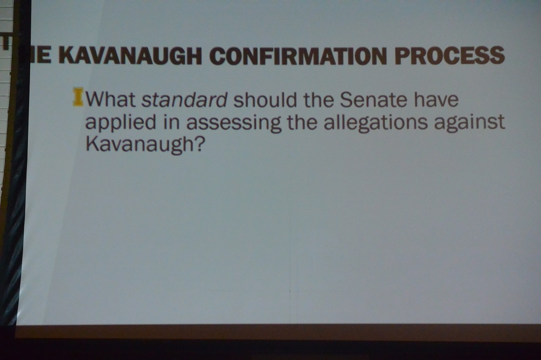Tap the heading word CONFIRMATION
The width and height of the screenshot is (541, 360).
pos(298,55)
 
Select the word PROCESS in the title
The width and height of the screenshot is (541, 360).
pos(450,55)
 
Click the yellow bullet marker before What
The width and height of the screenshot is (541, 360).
pos(78,97)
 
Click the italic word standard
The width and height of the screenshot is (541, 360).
pos(185,100)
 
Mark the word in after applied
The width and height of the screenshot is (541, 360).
pos(172,122)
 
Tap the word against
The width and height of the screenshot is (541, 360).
pos(470,123)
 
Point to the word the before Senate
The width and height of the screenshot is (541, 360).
pos(318,99)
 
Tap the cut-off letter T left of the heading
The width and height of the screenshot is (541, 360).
pos(5,42)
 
